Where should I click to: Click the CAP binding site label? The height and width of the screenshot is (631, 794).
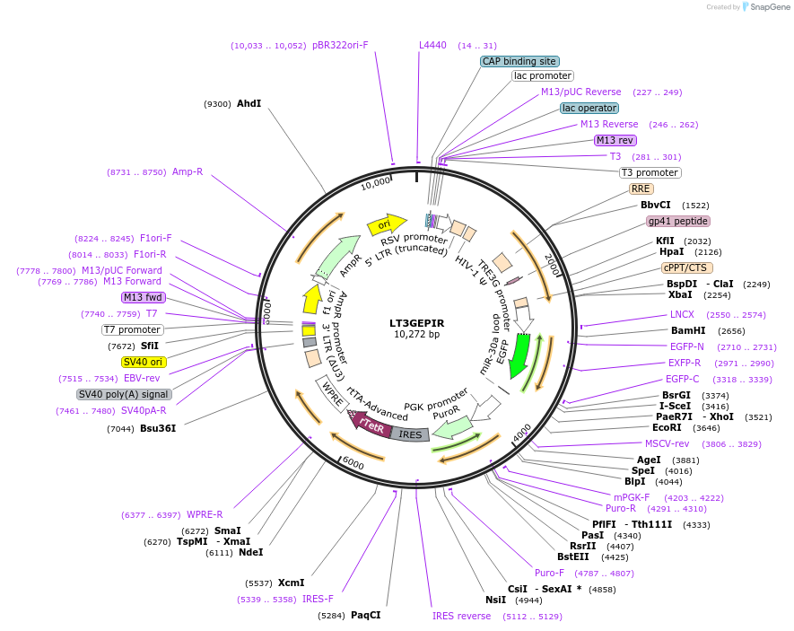click(x=519, y=61)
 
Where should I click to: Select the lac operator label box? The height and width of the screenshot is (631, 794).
click(x=589, y=108)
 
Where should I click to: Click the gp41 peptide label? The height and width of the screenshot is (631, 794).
click(x=677, y=221)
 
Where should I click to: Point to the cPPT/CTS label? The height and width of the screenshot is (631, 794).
click(x=687, y=267)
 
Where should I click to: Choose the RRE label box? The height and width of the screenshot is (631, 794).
click(x=641, y=188)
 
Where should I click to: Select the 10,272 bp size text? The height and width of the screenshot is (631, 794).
click(x=417, y=335)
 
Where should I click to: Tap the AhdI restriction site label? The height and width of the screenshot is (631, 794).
click(x=249, y=103)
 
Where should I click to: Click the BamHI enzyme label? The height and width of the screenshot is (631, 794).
click(x=688, y=330)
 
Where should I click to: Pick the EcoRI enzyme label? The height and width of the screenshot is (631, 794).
click(x=673, y=427)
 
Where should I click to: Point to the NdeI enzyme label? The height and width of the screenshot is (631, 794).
click(x=250, y=552)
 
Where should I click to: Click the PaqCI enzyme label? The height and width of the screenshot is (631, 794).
click(x=365, y=615)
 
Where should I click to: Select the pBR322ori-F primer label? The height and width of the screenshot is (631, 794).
click(x=340, y=45)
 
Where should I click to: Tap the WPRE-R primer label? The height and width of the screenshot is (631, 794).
click(x=205, y=514)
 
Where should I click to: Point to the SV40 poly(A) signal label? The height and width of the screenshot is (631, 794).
click(x=124, y=394)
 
